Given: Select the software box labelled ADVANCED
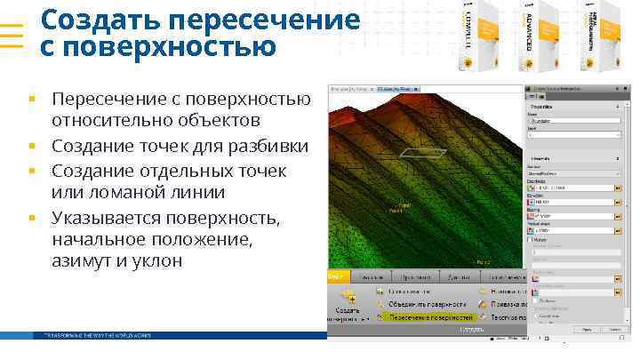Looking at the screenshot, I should pyautogui.click(x=532, y=36).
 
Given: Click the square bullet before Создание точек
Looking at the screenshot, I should pyautogui.click(x=30, y=146).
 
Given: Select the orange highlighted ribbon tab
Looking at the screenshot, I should pyautogui.click(x=336, y=277).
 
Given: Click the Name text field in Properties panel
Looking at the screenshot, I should pyautogui.click(x=573, y=121).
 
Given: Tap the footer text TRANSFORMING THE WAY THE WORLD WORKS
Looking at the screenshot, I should pyautogui.click(x=92, y=335).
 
